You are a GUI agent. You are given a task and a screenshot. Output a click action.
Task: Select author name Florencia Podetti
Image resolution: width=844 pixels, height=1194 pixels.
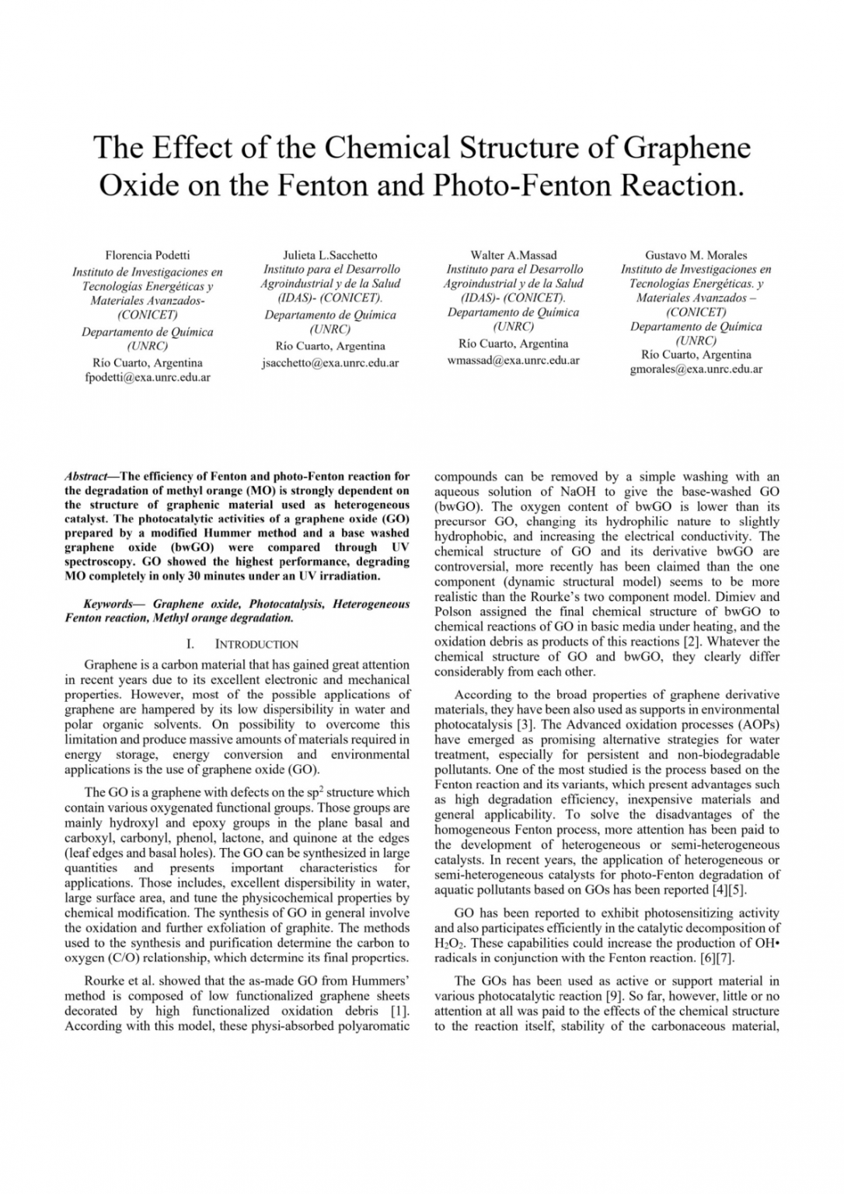click(148, 255)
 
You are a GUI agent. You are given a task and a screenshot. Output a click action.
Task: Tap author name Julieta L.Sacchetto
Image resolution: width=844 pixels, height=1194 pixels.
click(330, 255)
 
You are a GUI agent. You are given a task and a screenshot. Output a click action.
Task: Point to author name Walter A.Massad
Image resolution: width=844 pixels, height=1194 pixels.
click(514, 255)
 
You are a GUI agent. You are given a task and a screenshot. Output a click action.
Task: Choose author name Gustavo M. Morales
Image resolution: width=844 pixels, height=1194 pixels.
click(696, 255)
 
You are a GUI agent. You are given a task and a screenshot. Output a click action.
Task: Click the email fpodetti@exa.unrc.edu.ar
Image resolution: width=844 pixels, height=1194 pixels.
click(148, 378)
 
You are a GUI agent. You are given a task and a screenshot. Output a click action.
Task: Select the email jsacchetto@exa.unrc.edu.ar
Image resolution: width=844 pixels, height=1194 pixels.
click(330, 363)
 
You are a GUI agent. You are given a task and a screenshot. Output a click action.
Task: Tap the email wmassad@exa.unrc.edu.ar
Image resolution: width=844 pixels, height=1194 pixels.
click(514, 361)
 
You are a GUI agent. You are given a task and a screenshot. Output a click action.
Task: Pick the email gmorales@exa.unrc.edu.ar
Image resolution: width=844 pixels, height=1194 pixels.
click(696, 369)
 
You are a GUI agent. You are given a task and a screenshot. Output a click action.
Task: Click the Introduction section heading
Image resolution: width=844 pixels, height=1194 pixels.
click(256, 644)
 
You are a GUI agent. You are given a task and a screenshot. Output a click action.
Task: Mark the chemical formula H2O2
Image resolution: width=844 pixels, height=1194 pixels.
click(446, 944)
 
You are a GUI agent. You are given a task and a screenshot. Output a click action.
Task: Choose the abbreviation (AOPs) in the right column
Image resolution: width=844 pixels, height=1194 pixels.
click(755, 724)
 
